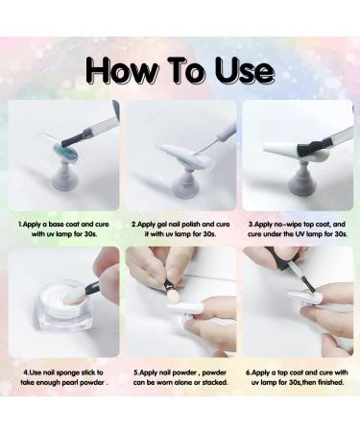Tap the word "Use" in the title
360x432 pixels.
click(x=245, y=71)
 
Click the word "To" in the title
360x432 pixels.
click(x=186, y=71)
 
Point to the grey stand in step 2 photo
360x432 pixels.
click(x=182, y=181)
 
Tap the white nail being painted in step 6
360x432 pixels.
click(x=304, y=299)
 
